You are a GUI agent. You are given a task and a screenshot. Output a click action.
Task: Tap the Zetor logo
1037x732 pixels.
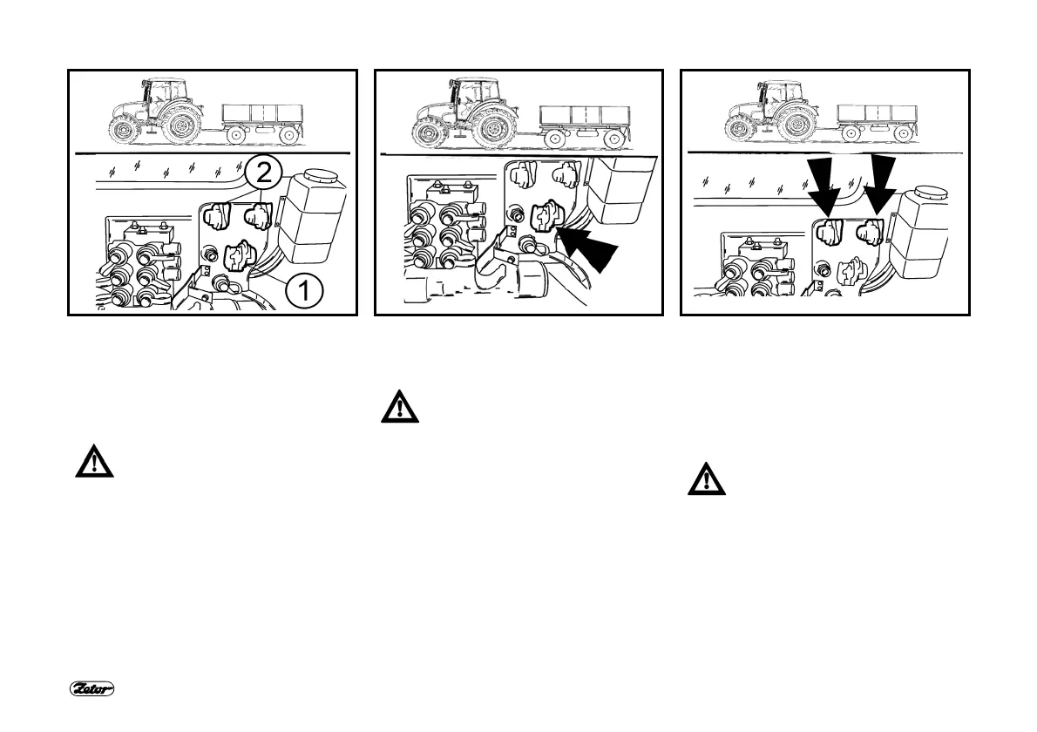[92, 689]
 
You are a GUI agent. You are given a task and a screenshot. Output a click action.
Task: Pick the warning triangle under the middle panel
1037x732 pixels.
[399, 408]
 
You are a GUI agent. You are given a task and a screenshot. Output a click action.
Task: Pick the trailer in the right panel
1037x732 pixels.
[878, 119]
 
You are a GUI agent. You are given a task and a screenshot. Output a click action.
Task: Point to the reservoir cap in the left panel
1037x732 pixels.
[321, 178]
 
